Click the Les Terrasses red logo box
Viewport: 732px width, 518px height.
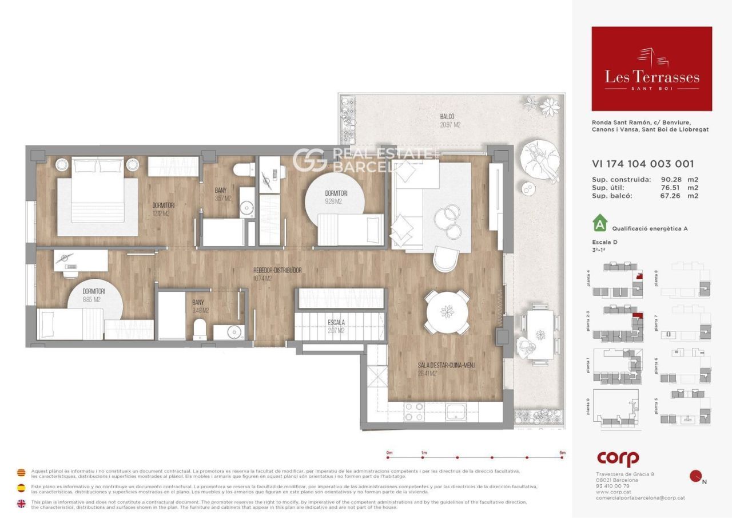pos(651,69)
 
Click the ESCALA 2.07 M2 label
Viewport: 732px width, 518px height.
pos(336,326)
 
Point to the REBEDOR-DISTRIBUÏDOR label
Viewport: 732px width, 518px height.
pos(277,274)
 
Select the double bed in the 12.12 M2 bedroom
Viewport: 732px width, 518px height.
pos(98,197)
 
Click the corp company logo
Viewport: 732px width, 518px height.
pos(618,459)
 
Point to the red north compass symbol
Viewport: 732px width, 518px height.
pos(696,476)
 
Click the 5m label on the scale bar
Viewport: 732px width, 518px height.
pos(563,453)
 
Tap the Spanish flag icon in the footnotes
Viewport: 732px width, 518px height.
pos(21,488)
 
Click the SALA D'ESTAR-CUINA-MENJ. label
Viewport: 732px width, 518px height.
pos(446,369)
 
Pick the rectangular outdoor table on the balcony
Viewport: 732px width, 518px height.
pos(540,334)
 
